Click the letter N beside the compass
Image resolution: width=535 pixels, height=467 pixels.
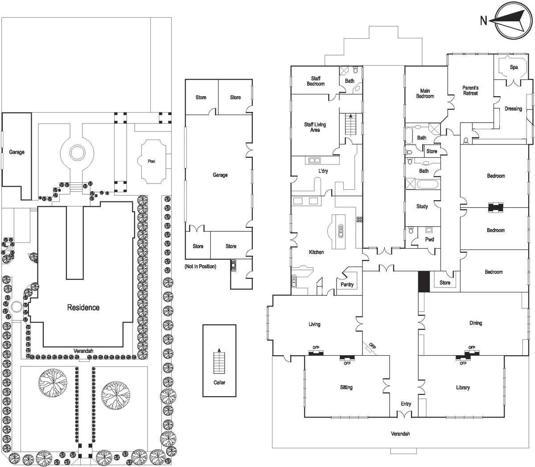point(483,20)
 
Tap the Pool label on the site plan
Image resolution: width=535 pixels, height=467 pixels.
point(152,161)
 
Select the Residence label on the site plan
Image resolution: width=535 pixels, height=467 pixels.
point(83,307)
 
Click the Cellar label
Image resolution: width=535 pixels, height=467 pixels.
point(219,382)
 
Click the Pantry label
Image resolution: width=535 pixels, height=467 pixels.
point(347,285)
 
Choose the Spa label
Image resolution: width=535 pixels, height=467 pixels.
point(514,67)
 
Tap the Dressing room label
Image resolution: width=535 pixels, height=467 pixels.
point(513,109)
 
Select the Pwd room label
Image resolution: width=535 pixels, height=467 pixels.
point(429,239)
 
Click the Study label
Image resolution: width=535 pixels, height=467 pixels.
point(422,206)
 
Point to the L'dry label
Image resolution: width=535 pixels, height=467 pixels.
point(323,171)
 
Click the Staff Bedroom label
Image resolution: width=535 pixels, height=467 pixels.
point(316,81)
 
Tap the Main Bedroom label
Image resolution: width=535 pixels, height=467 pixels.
point(425,94)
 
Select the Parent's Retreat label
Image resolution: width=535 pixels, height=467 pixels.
point(470,90)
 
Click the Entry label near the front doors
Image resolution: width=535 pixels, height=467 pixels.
point(406,404)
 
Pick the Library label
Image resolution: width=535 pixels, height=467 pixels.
point(463,388)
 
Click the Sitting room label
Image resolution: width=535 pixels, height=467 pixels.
point(346,387)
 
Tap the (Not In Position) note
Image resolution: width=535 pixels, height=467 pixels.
point(200,266)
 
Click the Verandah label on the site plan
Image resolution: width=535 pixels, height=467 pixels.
point(83,351)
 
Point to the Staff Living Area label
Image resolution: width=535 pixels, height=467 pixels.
point(315,127)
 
